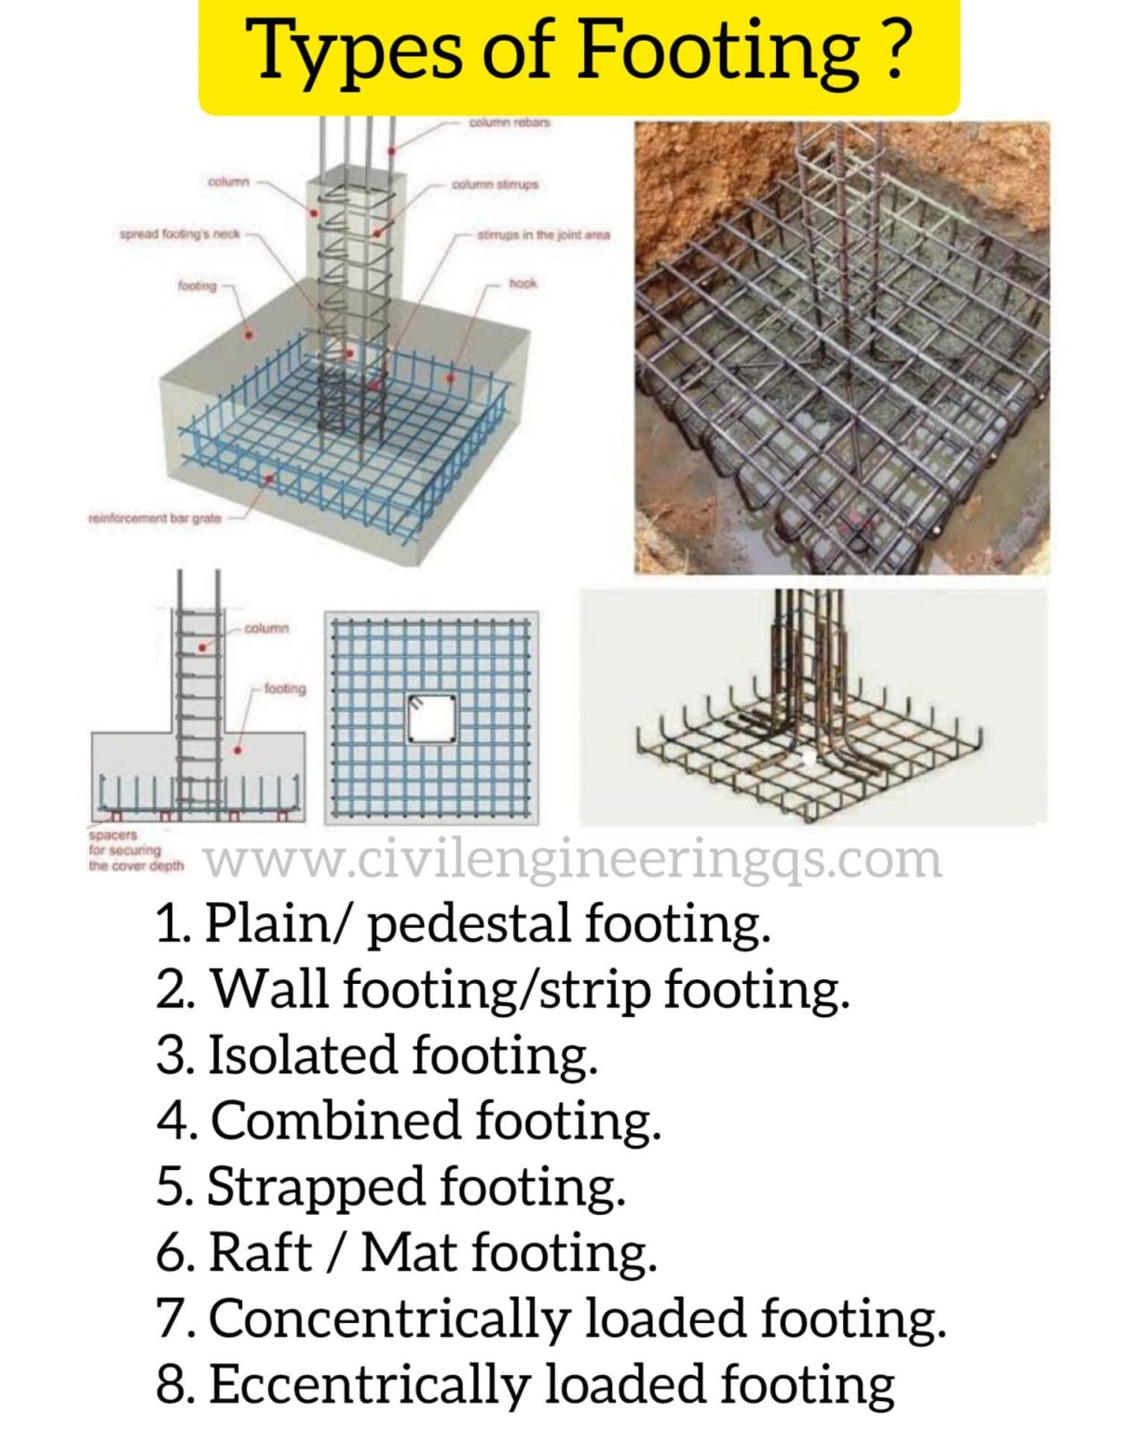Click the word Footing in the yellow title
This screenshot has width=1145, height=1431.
point(718,51)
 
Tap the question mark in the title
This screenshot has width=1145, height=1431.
point(894,51)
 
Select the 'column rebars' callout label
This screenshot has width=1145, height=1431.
point(509,122)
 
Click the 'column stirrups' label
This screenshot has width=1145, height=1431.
point(495,184)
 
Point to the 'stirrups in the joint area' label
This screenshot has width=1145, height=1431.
point(543,235)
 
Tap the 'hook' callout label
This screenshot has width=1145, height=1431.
point(523,283)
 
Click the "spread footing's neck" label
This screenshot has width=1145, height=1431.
point(180,234)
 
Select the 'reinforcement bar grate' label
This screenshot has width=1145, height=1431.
point(155,518)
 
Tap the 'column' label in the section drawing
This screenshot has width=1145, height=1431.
point(266,629)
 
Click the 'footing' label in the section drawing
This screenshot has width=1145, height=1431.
point(284,688)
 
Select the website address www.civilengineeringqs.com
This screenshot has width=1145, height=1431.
point(572,860)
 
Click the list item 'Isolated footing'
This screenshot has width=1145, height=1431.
point(377,1056)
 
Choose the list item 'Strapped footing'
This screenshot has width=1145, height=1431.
point(391,1187)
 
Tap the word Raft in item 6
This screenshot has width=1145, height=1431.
point(260,1252)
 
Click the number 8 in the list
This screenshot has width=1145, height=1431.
point(173,1384)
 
